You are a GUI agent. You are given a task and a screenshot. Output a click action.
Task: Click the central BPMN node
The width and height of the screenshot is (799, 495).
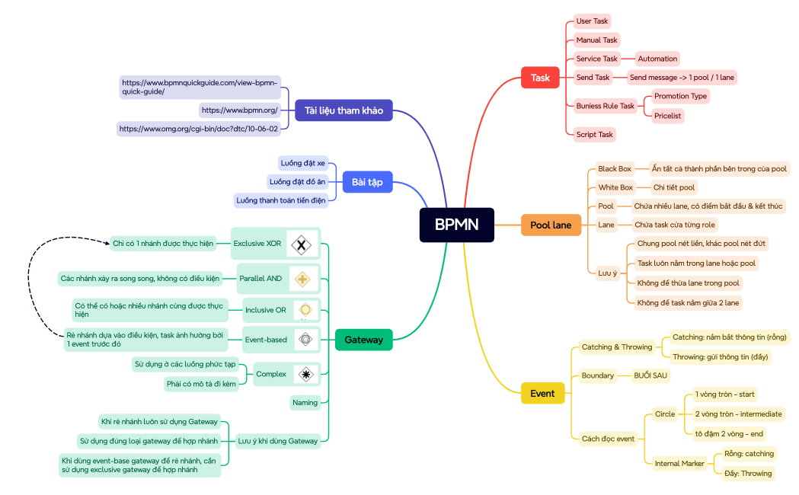click(456, 225)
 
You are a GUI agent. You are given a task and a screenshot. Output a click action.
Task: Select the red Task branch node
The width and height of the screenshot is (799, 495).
click(540, 78)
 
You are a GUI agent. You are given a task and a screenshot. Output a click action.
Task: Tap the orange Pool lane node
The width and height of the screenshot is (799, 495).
click(551, 225)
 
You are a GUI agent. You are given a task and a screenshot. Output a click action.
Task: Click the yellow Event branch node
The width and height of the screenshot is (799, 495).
click(542, 394)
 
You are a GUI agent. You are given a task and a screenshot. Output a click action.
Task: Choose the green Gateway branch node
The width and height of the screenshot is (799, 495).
click(363, 340)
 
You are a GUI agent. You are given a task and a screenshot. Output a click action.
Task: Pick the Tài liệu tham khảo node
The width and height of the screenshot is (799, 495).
click(343, 110)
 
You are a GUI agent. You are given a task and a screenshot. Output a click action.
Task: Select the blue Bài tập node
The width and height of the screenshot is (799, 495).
click(366, 182)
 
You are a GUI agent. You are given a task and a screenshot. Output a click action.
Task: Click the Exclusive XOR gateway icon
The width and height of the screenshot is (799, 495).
click(302, 244)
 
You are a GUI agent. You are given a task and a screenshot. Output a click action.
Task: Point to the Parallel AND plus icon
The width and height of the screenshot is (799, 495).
click(303, 279)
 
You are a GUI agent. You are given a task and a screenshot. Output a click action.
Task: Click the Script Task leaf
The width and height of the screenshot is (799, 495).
click(594, 135)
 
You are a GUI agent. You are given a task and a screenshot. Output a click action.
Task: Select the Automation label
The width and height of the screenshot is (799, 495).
click(657, 59)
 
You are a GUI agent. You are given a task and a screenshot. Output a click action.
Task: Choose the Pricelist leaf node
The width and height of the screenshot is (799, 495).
click(667, 116)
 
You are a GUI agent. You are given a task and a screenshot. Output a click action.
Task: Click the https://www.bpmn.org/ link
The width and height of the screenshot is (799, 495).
click(239, 110)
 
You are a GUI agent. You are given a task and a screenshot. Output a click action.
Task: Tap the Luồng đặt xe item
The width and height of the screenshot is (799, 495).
click(302, 163)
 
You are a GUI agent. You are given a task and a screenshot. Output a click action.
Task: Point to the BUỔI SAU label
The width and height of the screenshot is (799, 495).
click(650, 375)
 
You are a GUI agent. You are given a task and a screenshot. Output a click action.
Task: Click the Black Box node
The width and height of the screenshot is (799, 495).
click(614, 168)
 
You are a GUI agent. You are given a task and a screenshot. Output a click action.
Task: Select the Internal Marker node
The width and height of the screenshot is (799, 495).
click(679, 463)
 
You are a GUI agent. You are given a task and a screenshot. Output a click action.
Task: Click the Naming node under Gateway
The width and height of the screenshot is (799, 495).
click(305, 403)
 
